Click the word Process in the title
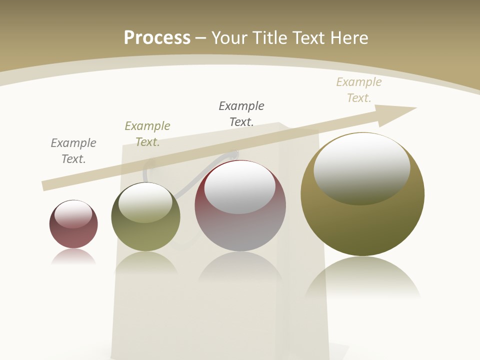(157, 37)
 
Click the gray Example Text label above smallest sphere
(73, 151)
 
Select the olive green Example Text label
(147, 134)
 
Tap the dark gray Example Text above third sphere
(241, 113)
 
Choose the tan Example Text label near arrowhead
(359, 90)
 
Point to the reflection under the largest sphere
(362, 280)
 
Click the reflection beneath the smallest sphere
(73, 257)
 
